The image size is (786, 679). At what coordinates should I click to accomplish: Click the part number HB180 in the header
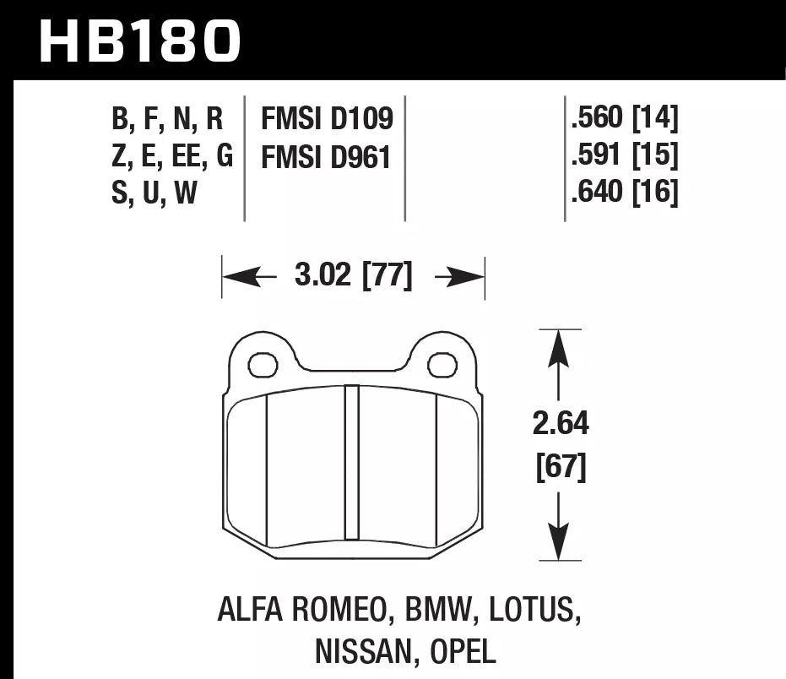pyautogui.click(x=140, y=40)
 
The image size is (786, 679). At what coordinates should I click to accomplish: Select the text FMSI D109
pyautogui.click(x=328, y=119)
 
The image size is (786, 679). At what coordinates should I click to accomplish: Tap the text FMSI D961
pyautogui.click(x=328, y=156)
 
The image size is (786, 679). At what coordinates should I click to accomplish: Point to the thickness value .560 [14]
pyautogui.click(x=624, y=119)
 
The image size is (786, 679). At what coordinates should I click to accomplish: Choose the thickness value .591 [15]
pyautogui.click(x=624, y=156)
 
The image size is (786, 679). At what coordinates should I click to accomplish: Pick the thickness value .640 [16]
pyautogui.click(x=624, y=193)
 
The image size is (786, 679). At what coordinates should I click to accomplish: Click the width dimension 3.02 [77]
pyautogui.click(x=354, y=276)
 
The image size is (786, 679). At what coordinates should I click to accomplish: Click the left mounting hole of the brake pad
pyautogui.click(x=263, y=365)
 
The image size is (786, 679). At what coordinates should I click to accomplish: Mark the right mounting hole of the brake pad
pyautogui.click(x=442, y=365)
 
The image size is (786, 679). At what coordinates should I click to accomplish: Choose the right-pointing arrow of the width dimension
pyautogui.click(x=459, y=276)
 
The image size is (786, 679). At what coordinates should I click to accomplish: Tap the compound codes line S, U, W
pyautogui.click(x=154, y=193)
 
